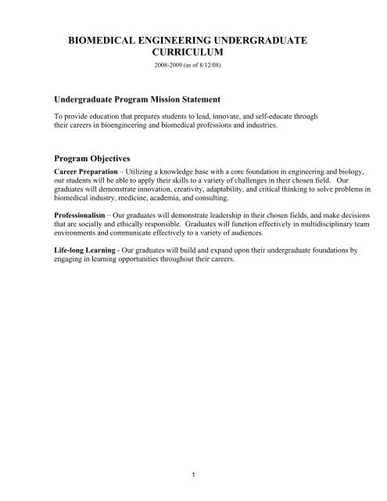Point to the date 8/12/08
(218, 65)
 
